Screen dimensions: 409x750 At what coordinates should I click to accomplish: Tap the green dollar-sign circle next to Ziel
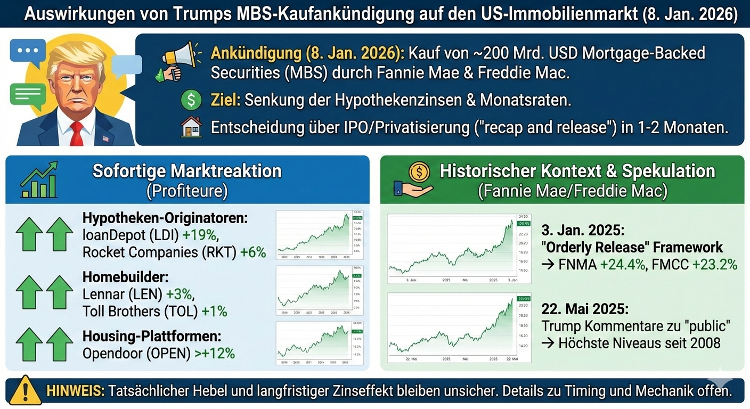191,100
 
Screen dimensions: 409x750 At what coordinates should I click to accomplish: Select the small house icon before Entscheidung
191,128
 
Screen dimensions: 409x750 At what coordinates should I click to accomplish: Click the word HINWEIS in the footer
75,391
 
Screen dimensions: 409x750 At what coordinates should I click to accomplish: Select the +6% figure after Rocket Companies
253,252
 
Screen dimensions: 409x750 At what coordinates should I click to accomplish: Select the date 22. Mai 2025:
584,309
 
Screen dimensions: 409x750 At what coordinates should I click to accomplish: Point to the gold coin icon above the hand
419,171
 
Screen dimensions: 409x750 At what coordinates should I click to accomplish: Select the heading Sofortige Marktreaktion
186,171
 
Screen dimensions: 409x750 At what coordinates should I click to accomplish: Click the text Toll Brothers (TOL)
140,310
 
